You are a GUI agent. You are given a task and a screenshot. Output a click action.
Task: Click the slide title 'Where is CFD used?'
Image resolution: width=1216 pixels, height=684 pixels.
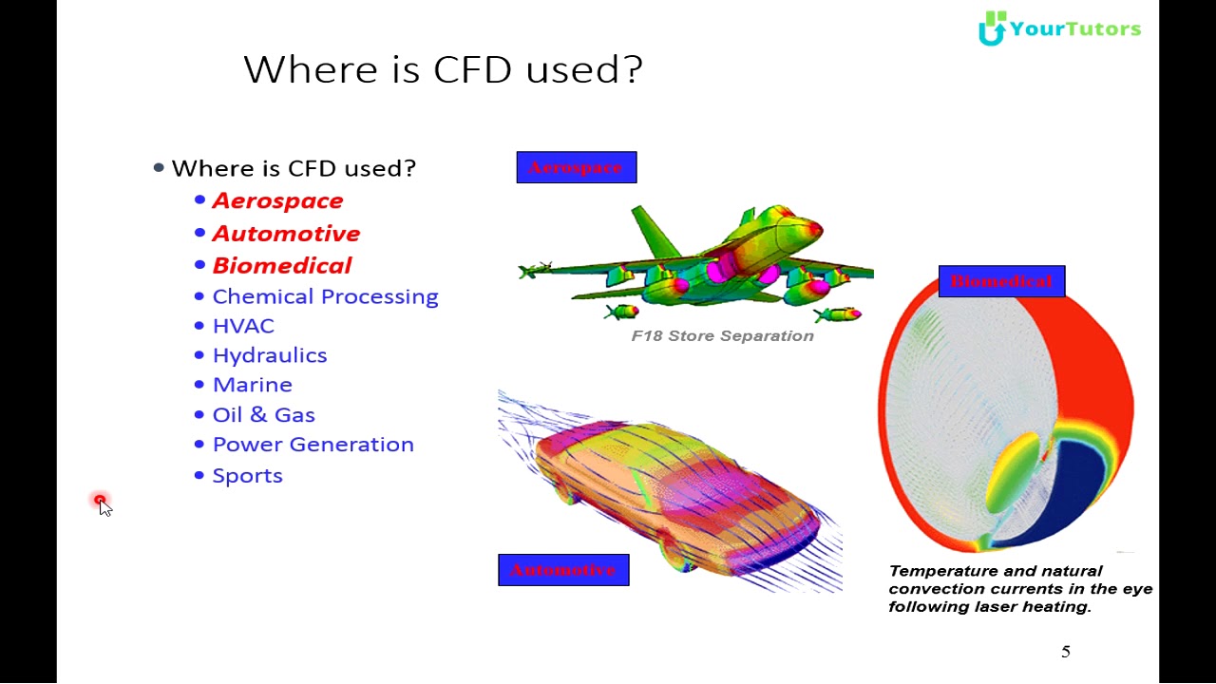(443, 70)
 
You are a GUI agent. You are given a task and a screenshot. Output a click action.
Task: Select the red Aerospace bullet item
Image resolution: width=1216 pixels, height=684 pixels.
(277, 201)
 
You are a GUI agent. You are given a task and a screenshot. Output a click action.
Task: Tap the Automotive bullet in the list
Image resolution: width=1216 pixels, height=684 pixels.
(286, 234)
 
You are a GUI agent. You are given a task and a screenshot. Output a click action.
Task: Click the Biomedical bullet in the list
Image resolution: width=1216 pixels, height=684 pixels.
(282, 266)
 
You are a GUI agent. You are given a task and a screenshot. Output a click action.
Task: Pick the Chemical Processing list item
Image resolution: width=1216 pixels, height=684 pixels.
(325, 297)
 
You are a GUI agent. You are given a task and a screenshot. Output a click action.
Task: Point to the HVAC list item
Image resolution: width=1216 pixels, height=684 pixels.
(243, 327)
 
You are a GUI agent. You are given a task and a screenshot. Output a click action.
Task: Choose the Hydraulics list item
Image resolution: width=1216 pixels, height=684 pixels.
(270, 356)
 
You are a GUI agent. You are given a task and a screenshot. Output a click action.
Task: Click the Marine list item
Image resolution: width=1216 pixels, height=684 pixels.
(253, 386)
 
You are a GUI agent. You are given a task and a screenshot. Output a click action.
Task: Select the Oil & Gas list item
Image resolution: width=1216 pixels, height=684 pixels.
(264, 415)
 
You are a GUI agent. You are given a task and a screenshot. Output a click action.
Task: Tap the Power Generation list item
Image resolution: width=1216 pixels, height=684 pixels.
(313, 446)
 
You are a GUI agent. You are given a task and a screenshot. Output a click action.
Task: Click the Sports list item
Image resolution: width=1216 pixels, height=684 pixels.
(248, 476)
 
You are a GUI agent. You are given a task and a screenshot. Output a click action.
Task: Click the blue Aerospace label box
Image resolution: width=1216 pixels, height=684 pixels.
(577, 168)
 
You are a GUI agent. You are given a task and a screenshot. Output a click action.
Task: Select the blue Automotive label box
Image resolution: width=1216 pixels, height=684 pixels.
(563, 570)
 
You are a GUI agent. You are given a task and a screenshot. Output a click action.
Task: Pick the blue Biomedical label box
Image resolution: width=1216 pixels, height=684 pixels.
(1001, 282)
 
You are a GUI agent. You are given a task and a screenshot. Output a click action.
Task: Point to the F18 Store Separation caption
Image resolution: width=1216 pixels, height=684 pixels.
(722, 336)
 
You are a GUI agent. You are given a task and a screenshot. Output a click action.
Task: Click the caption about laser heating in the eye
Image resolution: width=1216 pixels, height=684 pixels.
(1019, 589)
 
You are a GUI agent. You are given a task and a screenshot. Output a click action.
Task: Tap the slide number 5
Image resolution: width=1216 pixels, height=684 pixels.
(1066, 652)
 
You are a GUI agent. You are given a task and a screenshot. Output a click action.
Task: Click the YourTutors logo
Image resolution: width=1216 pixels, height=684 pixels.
(1059, 28)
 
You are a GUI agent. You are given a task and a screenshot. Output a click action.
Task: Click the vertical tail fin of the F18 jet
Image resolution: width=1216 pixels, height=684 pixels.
(655, 234)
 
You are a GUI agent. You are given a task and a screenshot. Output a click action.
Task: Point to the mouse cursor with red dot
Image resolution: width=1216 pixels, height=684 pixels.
(102, 503)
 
